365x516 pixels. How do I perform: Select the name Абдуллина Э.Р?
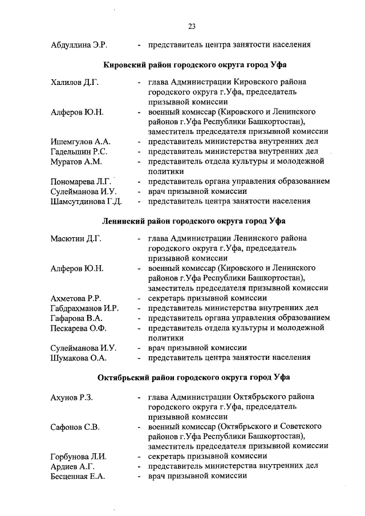click(79, 44)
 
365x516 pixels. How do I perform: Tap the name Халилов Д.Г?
click(75, 83)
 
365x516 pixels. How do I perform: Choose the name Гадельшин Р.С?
click(79, 151)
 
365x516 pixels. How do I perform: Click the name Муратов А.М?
click(76, 161)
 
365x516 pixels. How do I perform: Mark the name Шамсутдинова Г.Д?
click(86, 201)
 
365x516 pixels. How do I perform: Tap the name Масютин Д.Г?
click(76, 239)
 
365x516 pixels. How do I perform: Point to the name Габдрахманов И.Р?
click(84, 308)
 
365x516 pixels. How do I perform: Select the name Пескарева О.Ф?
click(79, 328)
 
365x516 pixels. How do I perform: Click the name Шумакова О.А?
click(79, 357)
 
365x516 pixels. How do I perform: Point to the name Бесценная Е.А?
click(78, 476)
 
